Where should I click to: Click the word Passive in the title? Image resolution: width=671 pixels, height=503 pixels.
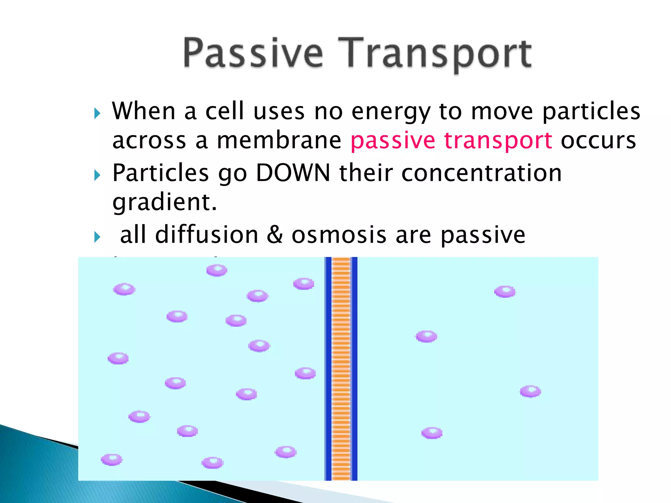coord(253,53)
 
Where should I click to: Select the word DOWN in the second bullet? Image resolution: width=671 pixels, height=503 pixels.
coord(293,173)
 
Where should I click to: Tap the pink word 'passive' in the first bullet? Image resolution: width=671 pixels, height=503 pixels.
coord(393,141)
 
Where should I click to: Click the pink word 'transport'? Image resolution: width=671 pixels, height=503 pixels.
coord(498,141)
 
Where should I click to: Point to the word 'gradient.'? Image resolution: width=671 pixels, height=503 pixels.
coord(164,202)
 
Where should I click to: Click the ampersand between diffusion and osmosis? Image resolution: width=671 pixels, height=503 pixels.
coord(275,235)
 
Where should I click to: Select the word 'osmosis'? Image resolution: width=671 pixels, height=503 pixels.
coord(339,235)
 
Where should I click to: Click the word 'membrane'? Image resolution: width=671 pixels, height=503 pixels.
coord(279,141)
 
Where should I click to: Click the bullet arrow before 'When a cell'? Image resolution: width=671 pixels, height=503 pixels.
coord(97,113)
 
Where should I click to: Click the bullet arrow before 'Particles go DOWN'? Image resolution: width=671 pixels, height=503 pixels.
coord(97,175)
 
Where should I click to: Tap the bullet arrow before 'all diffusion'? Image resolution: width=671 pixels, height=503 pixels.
coord(97,236)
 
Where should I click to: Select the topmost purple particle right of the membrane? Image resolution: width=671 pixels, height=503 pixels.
coord(505,291)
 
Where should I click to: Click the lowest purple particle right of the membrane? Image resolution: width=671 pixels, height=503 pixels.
coord(431,433)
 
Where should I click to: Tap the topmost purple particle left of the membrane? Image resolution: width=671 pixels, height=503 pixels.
coord(217,270)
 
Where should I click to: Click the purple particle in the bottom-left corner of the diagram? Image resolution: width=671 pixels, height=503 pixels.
coord(111,459)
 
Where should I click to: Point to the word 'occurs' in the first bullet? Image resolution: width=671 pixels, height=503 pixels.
coord(598,141)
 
